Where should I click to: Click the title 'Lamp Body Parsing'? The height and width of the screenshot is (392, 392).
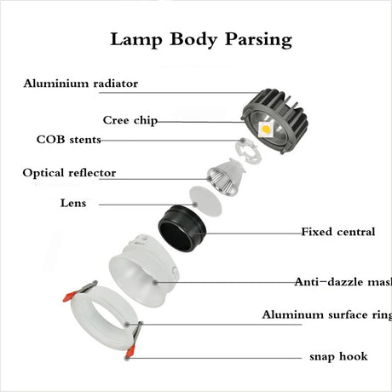[x=201, y=40]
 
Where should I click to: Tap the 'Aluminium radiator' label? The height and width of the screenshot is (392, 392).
[x=81, y=84]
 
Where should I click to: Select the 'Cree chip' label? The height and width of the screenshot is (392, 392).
[x=130, y=120]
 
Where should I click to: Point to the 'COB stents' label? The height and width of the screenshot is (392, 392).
[x=69, y=140]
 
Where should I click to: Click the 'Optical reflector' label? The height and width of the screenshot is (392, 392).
[x=69, y=173]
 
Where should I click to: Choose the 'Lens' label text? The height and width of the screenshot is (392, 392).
[x=73, y=203]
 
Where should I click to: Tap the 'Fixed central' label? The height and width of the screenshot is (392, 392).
[x=338, y=232]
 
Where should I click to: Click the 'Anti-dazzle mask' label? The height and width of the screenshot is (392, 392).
[x=343, y=282]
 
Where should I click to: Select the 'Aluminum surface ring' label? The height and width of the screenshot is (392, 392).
[x=327, y=315]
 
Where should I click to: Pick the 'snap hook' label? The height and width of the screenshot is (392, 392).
[x=338, y=356]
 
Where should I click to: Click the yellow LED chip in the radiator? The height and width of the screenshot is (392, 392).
[x=266, y=129]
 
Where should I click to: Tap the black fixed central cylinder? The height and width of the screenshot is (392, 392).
[x=182, y=228]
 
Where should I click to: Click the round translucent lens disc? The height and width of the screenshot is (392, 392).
[x=205, y=201]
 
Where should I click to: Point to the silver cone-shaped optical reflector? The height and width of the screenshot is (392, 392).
[x=226, y=177]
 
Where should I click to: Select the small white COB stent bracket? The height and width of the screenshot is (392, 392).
[x=248, y=153]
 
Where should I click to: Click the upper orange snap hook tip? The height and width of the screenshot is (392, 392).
[x=69, y=297]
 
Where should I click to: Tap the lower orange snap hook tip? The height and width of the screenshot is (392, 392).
[x=130, y=352]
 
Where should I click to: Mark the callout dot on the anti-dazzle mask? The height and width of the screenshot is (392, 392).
[x=155, y=282]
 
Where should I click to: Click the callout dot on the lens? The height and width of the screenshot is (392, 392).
[x=195, y=205]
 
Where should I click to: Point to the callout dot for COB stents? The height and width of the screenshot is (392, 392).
[x=243, y=141]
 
